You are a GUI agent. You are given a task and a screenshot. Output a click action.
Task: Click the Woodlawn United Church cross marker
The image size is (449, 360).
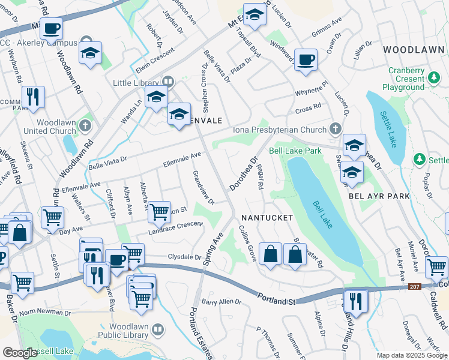click(x=85, y=125)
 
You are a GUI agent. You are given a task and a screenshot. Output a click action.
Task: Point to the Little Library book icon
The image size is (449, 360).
click(x=167, y=82)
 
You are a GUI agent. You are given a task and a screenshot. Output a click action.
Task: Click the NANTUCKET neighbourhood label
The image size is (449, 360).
click(x=267, y=217)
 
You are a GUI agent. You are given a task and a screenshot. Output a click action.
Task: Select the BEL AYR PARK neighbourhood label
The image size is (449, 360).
click(x=379, y=196)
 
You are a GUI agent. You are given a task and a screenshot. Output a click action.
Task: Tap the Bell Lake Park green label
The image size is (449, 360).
click(x=295, y=151)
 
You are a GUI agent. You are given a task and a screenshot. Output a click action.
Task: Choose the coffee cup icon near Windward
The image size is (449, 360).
click(x=306, y=60)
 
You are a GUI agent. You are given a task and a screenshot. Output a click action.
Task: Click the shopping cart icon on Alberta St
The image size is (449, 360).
click(x=159, y=211)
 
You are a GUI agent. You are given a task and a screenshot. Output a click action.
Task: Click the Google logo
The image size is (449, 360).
click(x=20, y=352)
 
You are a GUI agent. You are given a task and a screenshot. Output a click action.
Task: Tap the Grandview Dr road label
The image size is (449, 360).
click(x=203, y=187)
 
